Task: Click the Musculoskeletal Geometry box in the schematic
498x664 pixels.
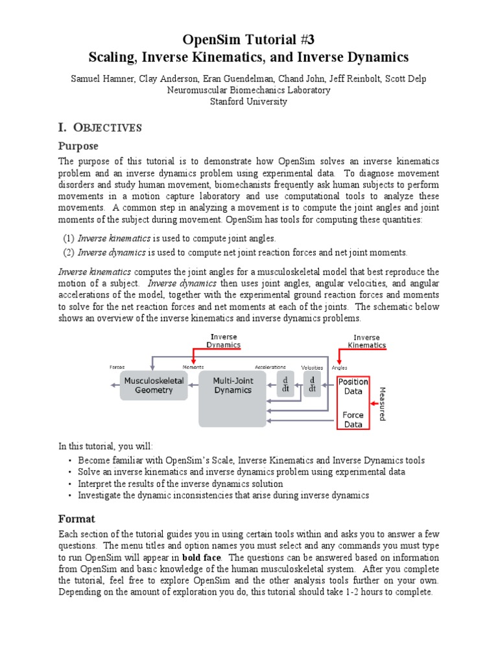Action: (154, 386)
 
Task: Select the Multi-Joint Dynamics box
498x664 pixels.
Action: (232, 386)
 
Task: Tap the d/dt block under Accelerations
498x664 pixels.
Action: (285, 384)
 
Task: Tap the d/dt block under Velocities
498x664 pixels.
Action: (312, 384)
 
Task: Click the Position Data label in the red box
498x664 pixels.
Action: (353, 386)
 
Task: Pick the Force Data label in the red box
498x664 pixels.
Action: (353, 419)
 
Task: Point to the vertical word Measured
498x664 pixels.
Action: (382, 403)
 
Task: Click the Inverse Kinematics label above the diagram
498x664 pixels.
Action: (366, 341)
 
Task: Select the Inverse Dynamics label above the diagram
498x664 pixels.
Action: (224, 341)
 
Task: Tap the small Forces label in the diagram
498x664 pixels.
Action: (117, 367)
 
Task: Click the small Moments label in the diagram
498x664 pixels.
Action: (193, 367)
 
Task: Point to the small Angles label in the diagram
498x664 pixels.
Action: (339, 367)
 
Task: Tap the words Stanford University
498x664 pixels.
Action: (249, 102)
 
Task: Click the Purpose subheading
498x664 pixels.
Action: (79, 147)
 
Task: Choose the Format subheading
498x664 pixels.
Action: (77, 519)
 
